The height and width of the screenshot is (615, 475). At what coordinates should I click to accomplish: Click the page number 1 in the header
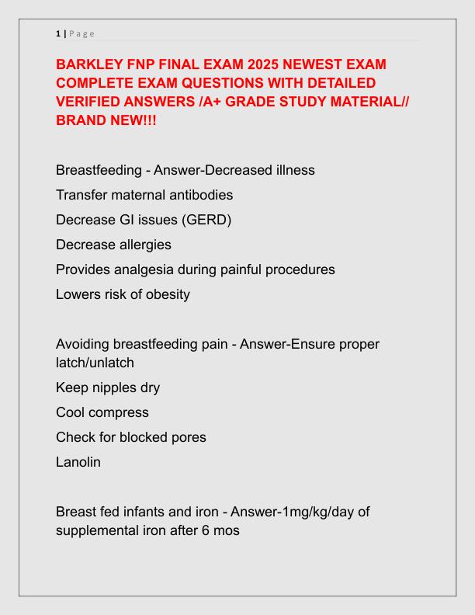pyautogui.click(x=57, y=33)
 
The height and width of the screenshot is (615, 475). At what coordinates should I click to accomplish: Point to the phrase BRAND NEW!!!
pyautogui.click(x=106, y=120)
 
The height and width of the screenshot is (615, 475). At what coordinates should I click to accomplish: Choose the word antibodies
pyautogui.click(x=194, y=194)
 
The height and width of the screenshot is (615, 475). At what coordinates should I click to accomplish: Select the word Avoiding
pyautogui.click(x=82, y=344)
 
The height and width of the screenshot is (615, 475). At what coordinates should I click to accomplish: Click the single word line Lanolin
pyautogui.click(x=78, y=462)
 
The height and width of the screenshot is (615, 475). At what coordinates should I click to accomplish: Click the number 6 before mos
pyautogui.click(x=211, y=530)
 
